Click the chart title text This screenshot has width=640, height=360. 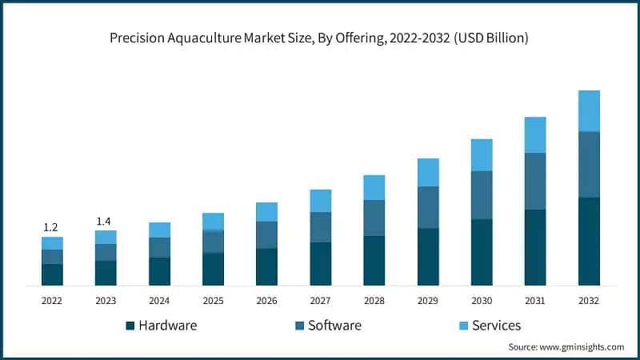(x=320, y=38)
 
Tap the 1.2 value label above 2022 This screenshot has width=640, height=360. (x=52, y=227)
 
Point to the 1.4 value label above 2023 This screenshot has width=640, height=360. (x=106, y=221)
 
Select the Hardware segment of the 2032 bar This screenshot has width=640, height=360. (x=589, y=241)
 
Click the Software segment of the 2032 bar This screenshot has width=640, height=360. (x=589, y=164)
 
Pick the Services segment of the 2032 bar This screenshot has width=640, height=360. (x=589, y=110)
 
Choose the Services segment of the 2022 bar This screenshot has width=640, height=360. (x=52, y=243)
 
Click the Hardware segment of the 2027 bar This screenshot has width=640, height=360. (x=320, y=263)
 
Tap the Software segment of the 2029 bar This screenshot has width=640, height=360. (x=428, y=207)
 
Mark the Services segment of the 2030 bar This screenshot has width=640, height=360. (x=482, y=155)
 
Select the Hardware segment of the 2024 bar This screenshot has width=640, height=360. (x=159, y=271)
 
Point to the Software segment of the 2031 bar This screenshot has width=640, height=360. (x=535, y=181)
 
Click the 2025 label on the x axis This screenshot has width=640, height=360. (x=213, y=300)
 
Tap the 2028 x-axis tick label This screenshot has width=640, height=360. (x=374, y=300)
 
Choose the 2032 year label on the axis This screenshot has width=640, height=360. (x=589, y=300)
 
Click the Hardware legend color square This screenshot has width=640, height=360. (x=130, y=326)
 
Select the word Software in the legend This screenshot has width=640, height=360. (x=334, y=326)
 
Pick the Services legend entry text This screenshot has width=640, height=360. (x=496, y=326)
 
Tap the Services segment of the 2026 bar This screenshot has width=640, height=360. (x=266, y=212)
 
